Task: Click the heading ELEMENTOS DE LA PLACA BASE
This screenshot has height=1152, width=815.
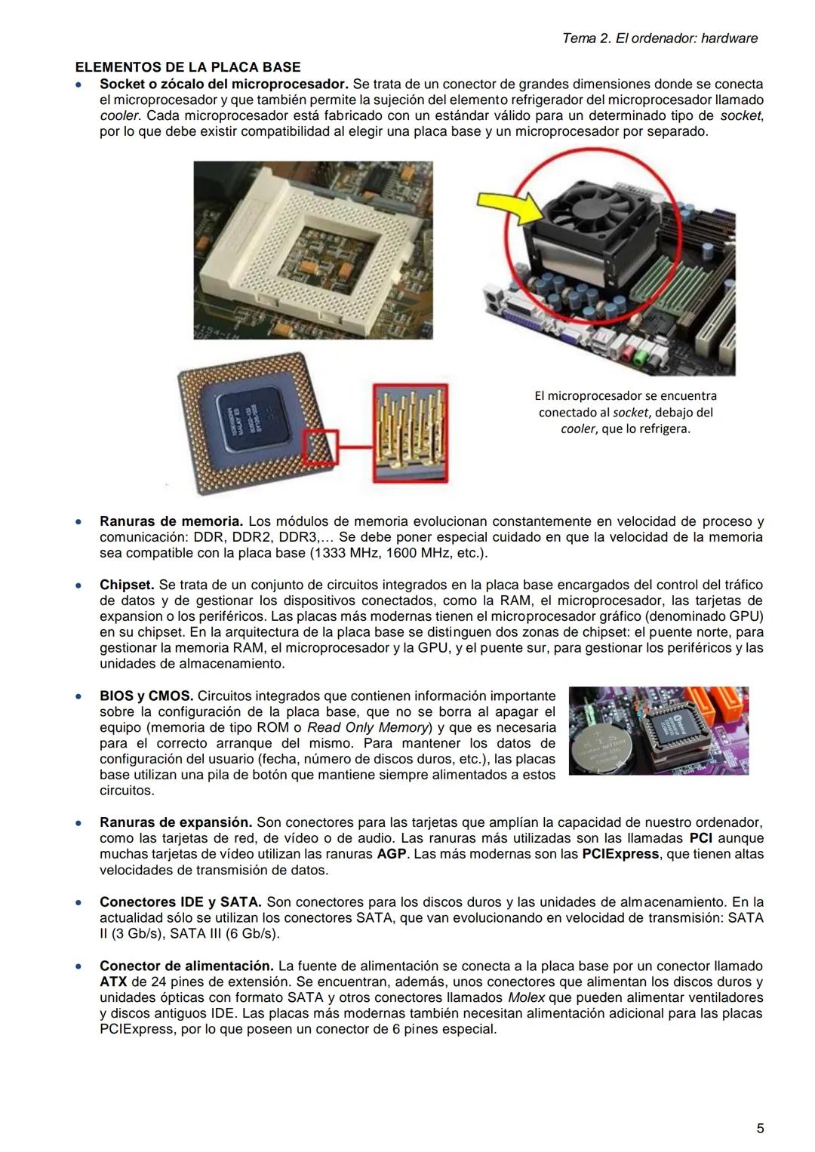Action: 187,67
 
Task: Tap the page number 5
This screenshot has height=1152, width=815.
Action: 760,1129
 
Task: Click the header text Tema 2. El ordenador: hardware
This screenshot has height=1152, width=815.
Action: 660,38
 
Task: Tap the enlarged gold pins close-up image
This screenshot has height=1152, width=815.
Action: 411,432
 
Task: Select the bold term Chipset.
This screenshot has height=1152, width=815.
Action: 127,585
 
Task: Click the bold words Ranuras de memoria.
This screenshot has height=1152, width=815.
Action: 171,521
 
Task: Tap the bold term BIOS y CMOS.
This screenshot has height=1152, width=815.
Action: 146,696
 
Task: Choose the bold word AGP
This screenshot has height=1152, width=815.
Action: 392,854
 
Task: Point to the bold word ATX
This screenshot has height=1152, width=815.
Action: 113,982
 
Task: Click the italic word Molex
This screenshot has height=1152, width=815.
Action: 525,997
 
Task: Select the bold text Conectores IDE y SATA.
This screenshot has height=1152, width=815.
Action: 180,902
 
